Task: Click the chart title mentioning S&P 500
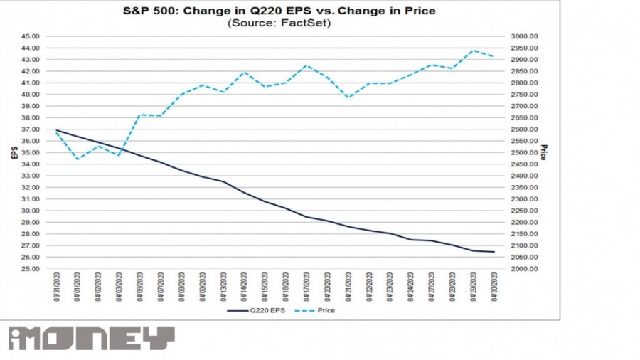(x=279, y=11)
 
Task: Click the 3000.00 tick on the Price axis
(x=523, y=36)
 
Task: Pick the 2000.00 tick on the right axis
(x=523, y=269)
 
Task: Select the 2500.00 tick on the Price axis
(x=523, y=153)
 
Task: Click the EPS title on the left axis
(x=14, y=152)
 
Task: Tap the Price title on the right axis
(x=544, y=152)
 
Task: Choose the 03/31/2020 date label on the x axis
(x=57, y=287)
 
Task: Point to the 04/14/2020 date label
(x=245, y=287)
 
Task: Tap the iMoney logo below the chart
(x=91, y=338)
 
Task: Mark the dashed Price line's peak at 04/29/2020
(x=474, y=51)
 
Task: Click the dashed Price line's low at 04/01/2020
(x=78, y=159)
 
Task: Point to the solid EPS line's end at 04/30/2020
(x=494, y=252)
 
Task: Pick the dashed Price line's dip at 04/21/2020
(x=348, y=97)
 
